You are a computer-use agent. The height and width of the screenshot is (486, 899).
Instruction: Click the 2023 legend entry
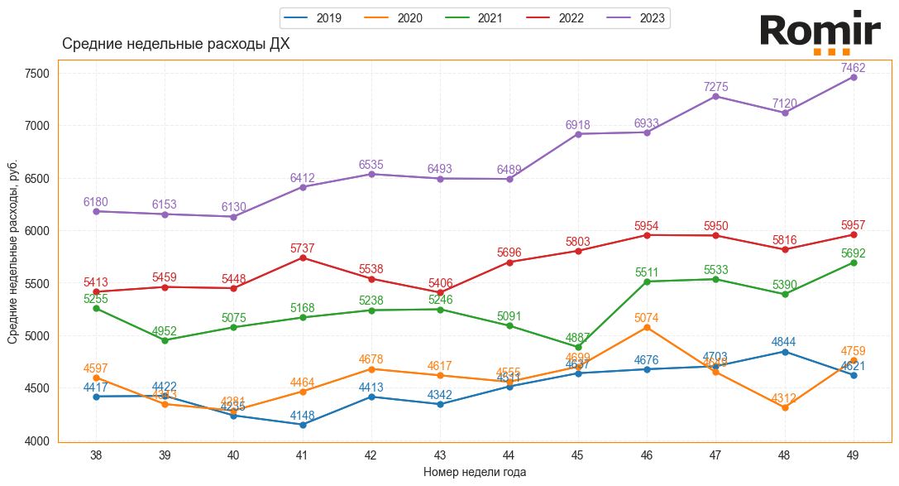pyautogui.click(x=637, y=18)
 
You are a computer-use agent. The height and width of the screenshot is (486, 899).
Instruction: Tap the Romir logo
pyautogui.click(x=820, y=32)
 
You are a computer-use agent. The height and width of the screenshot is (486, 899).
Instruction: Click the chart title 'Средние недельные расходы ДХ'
pyautogui.click(x=175, y=44)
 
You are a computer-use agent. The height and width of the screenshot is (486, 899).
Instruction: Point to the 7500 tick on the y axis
pyautogui.click(x=38, y=73)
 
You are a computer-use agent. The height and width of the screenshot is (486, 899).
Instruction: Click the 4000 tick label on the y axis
pyautogui.click(x=38, y=440)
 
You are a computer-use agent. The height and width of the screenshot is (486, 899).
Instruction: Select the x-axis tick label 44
pyautogui.click(x=509, y=455)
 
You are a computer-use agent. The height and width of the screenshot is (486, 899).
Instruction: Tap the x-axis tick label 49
pyautogui.click(x=854, y=455)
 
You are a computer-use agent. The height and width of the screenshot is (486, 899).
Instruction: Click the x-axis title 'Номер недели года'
pyautogui.click(x=474, y=472)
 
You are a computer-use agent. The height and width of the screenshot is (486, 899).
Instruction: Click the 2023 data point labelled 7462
pyautogui.click(x=854, y=77)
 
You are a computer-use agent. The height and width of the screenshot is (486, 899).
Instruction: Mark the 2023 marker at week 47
pyautogui.click(x=715, y=97)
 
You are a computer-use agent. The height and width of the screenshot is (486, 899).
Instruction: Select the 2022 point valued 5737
pyautogui.click(x=303, y=258)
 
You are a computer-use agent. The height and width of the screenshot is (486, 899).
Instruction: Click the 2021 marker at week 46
pyautogui.click(x=647, y=281)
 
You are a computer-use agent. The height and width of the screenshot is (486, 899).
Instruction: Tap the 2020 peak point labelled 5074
pyautogui.click(x=647, y=328)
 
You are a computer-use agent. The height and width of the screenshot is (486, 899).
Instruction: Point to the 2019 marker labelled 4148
pyautogui.click(x=303, y=425)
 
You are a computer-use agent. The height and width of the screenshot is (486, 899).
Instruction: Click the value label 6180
pyautogui.click(x=96, y=202)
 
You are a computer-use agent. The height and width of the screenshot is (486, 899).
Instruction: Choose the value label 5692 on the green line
pyautogui.click(x=854, y=253)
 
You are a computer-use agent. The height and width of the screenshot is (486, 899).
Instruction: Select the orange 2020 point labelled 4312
pyautogui.click(x=784, y=407)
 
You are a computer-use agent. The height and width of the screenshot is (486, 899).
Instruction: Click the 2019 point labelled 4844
pyautogui.click(x=784, y=352)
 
